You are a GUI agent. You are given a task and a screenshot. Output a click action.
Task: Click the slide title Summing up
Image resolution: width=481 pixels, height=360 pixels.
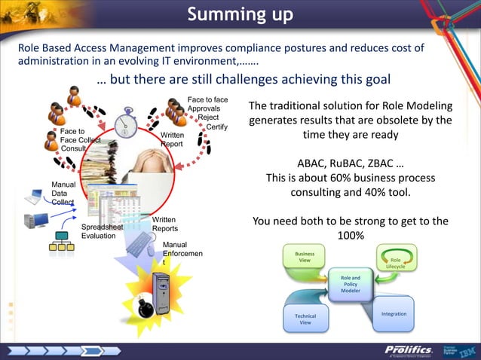[240, 14]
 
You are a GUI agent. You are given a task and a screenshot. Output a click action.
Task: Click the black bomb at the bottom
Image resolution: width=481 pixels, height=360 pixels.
[143, 309]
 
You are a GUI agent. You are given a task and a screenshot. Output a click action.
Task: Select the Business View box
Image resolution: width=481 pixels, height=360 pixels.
[304, 256]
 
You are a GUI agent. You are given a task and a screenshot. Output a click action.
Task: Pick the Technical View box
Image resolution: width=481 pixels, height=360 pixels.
[305, 318]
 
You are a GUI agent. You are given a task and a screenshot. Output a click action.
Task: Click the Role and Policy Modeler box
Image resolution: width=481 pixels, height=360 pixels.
[351, 284]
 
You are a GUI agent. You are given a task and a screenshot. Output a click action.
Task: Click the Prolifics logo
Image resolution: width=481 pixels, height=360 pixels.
[408, 350]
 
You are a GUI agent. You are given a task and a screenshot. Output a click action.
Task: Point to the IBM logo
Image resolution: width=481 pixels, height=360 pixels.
[467, 350]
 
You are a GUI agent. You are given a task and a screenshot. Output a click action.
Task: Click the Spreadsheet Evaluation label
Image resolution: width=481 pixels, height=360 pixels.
[103, 230]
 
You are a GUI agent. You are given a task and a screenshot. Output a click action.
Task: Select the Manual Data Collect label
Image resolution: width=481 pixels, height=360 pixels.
[63, 193]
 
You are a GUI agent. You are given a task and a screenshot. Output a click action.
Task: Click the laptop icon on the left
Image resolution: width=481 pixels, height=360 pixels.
[33, 197]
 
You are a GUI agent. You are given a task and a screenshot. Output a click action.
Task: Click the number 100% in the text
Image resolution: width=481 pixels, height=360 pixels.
[351, 236]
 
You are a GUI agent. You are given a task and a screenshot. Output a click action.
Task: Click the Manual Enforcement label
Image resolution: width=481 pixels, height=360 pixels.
[179, 254]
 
